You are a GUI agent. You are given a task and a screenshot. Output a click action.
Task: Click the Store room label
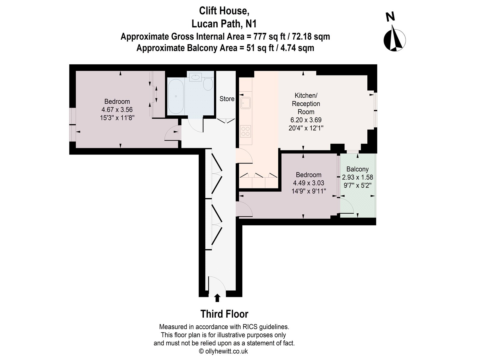point(227,99)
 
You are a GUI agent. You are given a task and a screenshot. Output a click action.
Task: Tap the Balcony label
point(357,169)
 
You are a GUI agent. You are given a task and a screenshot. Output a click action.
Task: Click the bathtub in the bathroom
point(176,96)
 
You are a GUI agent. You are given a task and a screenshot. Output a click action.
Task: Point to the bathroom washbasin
point(195,77)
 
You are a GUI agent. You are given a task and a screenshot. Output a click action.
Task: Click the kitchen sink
point(246,103)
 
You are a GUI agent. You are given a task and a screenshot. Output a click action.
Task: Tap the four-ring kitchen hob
point(245,131)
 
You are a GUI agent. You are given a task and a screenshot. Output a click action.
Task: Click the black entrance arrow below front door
point(217,298)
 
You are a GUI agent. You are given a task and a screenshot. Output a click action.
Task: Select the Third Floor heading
point(224,314)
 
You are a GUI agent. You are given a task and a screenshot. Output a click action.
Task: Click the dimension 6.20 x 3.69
point(306,120)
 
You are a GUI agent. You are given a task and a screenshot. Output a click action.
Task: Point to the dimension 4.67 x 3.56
point(117,109)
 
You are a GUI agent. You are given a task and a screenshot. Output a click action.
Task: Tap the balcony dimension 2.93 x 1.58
point(357,177)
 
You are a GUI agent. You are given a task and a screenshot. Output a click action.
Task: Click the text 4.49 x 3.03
point(308,183)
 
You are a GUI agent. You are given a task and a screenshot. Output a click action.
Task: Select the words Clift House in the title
point(224,11)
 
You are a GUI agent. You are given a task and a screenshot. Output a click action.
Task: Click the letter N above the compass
point(390,17)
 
